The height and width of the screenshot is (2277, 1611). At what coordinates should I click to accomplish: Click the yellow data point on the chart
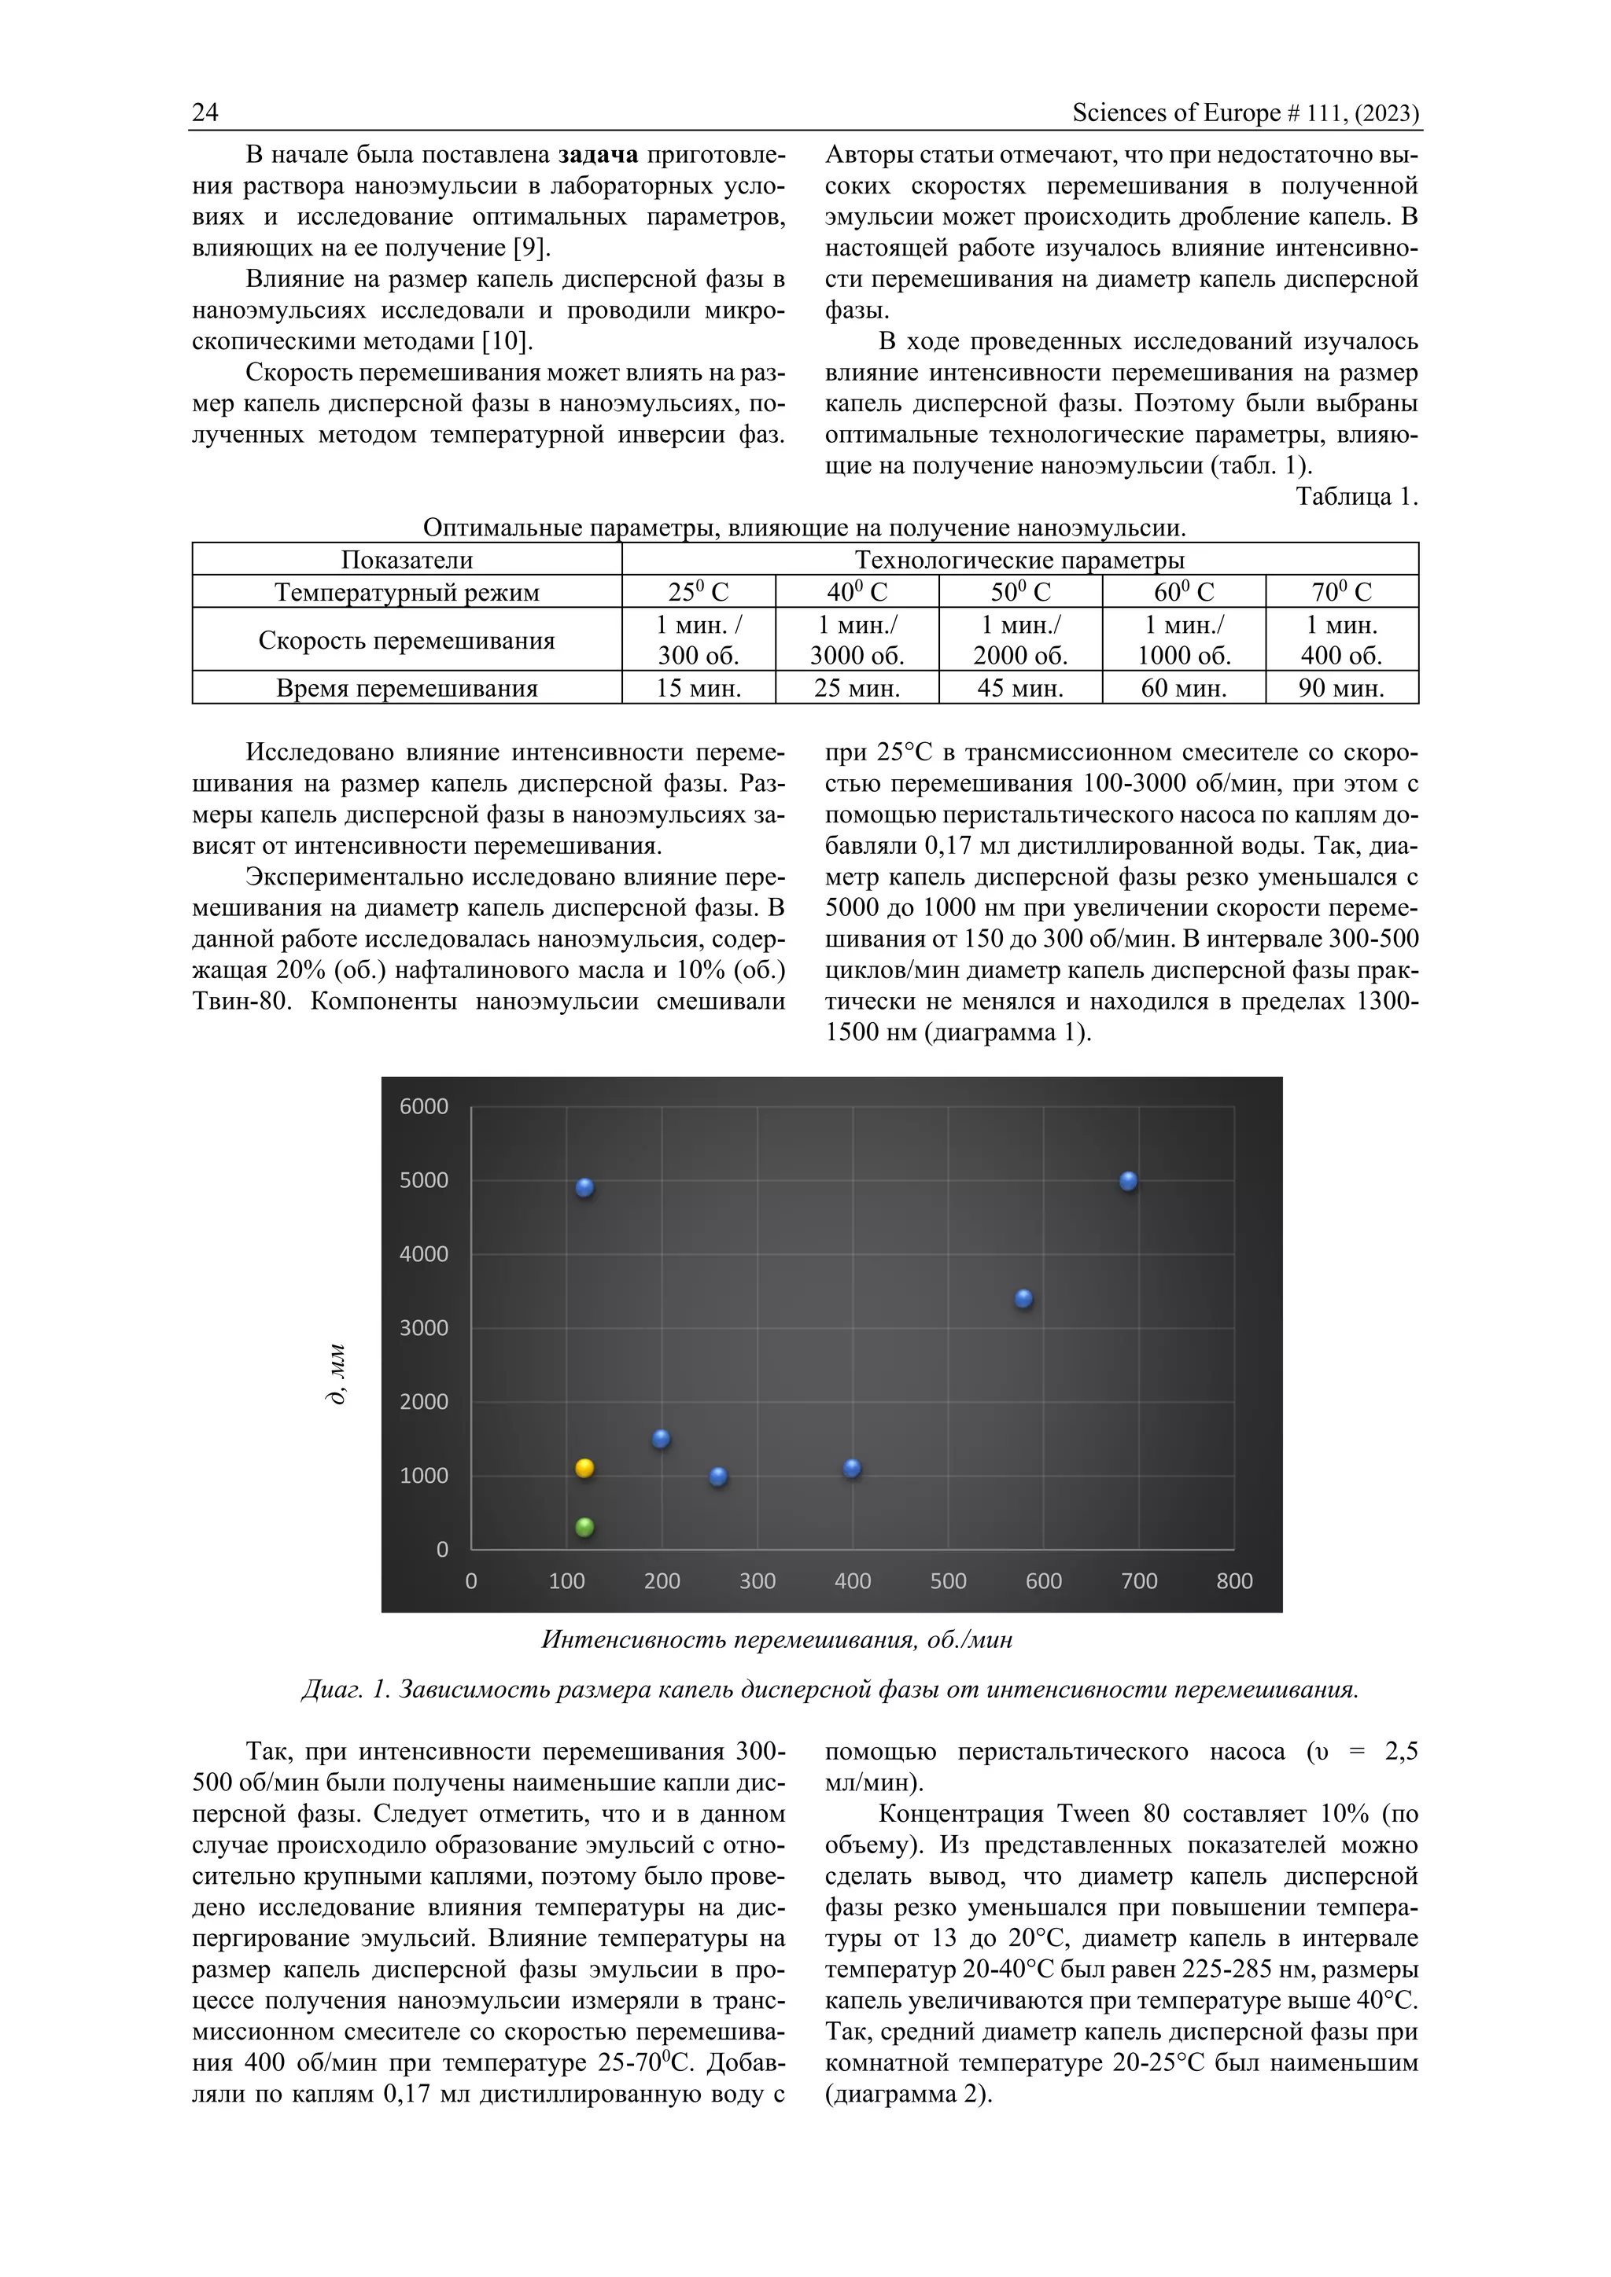click(x=584, y=1468)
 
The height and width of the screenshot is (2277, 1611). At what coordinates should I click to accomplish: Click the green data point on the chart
click(x=584, y=1526)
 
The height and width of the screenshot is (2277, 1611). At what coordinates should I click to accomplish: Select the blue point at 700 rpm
click(x=1128, y=1180)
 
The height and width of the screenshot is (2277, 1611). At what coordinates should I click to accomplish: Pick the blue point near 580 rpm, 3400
click(x=1023, y=1298)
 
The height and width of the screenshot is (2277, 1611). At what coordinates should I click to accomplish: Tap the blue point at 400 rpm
click(x=852, y=1468)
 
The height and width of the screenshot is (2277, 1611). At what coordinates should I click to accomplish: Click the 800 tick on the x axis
click(x=1234, y=1581)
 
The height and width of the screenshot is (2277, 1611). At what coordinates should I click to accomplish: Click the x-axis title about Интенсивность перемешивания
click(x=776, y=1639)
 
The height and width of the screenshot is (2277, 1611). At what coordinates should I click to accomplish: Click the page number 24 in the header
click(x=205, y=112)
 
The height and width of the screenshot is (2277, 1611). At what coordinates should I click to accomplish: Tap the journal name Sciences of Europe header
click(x=1245, y=112)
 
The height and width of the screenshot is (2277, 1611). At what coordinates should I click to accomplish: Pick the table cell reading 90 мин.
click(x=1341, y=687)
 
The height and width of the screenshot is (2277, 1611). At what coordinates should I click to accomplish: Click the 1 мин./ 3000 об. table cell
click(x=857, y=640)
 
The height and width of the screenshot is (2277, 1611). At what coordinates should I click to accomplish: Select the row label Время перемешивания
click(x=407, y=687)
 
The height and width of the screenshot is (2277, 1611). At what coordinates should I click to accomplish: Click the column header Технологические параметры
click(x=1019, y=559)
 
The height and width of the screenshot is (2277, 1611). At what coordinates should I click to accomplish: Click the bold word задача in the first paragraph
click(x=598, y=155)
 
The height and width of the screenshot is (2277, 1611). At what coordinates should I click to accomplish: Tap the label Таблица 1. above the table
click(x=1356, y=497)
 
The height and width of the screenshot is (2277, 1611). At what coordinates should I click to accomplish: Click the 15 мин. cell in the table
click(x=699, y=687)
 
